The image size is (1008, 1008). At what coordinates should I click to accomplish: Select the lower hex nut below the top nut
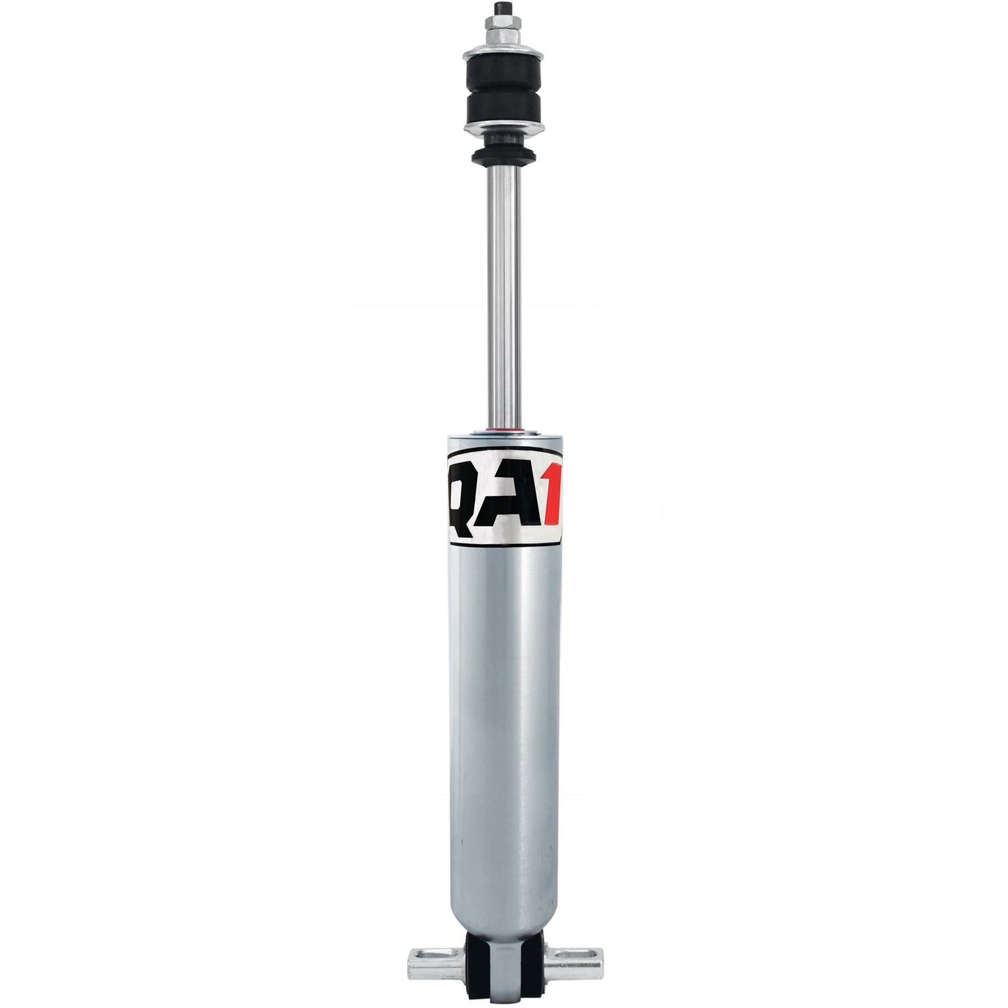(504, 43)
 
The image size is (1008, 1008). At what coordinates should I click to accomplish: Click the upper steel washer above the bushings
(504, 54)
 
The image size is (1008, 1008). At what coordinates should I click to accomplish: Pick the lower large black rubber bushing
(504, 106)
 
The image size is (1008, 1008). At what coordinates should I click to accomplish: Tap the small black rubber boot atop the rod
(504, 155)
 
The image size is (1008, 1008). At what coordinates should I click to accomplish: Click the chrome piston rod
(504, 293)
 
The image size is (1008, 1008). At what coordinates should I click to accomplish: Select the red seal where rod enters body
(504, 427)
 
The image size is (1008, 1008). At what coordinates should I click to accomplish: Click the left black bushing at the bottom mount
(479, 963)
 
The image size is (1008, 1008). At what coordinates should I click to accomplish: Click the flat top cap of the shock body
(504, 436)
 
